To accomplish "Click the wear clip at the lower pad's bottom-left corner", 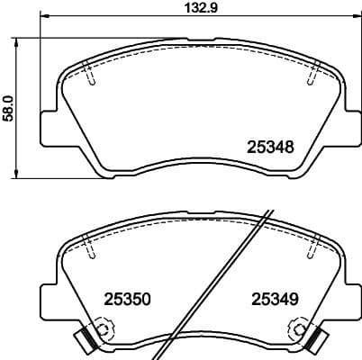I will click(x=83, y=340).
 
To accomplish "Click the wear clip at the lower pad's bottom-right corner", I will click(x=316, y=340).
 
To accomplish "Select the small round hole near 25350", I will click(x=102, y=330).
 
